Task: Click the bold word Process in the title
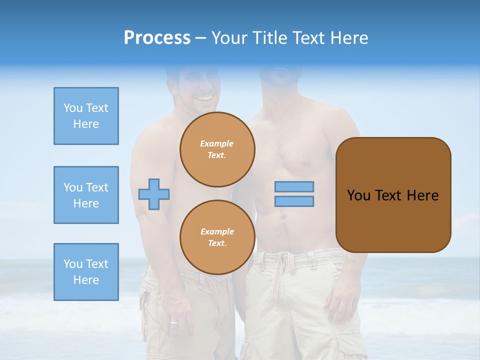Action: point(157,38)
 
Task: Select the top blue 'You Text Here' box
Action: point(86,116)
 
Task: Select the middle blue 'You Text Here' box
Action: point(86,195)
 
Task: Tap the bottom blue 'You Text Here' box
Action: point(86,272)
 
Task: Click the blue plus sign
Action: point(154,194)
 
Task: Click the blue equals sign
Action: point(294,194)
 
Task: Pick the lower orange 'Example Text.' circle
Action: point(217,237)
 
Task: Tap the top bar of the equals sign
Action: point(294,187)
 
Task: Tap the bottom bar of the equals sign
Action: point(294,201)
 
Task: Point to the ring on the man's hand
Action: point(173,322)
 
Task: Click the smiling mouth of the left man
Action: point(204,98)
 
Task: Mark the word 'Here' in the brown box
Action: point(422,195)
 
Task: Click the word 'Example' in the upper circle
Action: point(217,143)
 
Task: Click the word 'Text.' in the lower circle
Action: point(217,243)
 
